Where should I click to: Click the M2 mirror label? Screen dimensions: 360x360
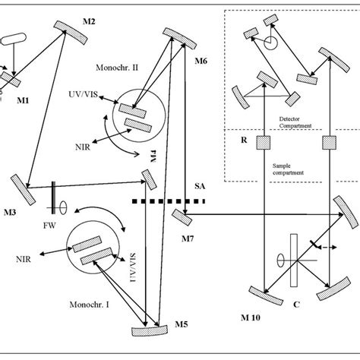point(88,21)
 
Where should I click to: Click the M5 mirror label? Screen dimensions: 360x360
point(177,324)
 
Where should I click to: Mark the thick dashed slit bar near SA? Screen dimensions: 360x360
point(169,201)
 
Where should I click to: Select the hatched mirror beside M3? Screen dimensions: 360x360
point(22,189)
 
